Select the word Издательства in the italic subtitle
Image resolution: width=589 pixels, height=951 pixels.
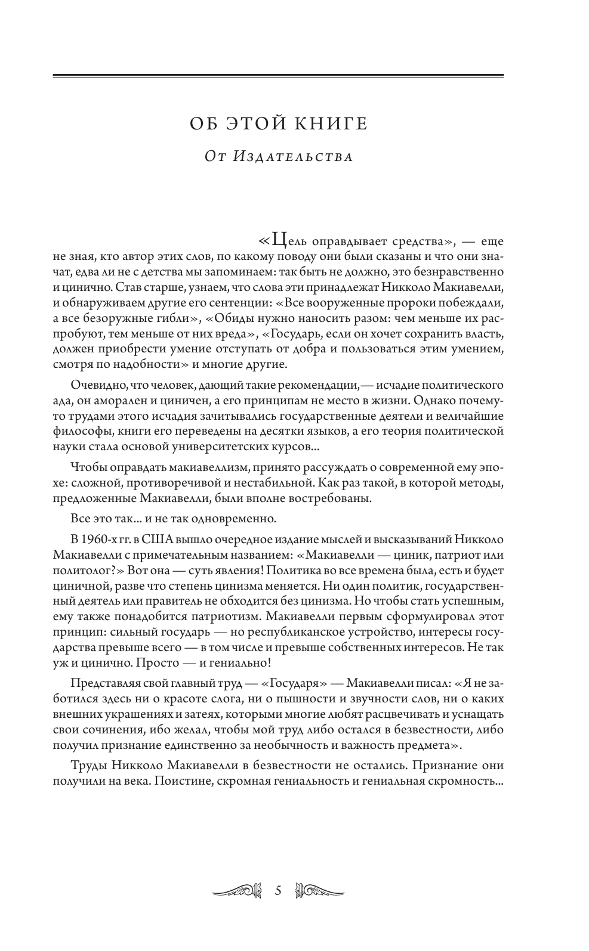(294, 157)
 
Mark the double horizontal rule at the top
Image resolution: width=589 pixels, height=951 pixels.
(278, 75)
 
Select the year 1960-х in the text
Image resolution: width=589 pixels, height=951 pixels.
(102, 540)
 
